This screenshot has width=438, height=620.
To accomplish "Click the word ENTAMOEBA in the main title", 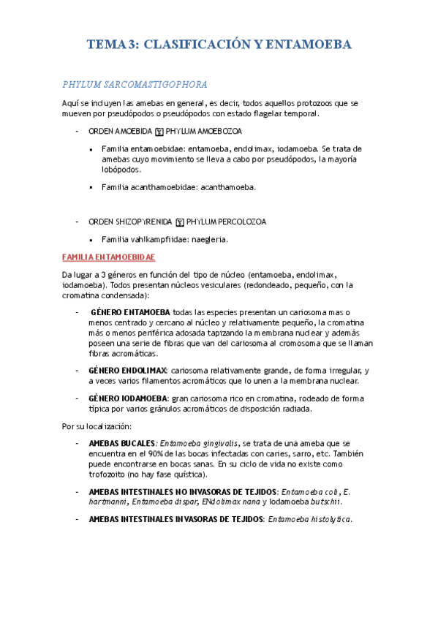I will tap(307, 45).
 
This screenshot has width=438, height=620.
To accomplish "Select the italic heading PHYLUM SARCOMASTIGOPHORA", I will tap(135, 84).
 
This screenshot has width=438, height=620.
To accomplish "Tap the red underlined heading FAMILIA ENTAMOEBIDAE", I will tap(109, 258).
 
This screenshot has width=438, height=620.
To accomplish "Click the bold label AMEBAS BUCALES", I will tap(121, 444).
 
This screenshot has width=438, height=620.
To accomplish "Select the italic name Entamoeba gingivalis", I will tap(199, 444).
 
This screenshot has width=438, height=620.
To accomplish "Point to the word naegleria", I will tap(210, 239).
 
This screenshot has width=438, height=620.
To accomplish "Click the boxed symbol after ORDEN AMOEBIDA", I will tap(159, 132).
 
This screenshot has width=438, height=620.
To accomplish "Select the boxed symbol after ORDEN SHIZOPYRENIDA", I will tap(180, 222).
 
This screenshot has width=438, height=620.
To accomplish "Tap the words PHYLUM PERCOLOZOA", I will tap(227, 221).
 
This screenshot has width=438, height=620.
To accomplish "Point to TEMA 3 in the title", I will tap(110, 45).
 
